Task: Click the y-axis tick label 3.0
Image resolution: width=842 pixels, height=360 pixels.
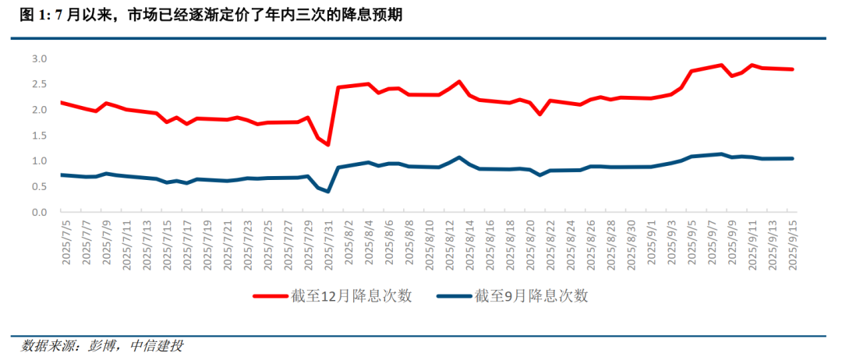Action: pyautogui.click(x=39, y=59)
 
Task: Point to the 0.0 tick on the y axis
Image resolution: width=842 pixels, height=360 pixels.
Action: pyautogui.click(x=39, y=212)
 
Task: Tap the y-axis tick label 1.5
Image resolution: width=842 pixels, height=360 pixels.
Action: pyautogui.click(x=39, y=136)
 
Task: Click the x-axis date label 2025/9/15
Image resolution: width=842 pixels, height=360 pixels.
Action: pyautogui.click(x=792, y=242)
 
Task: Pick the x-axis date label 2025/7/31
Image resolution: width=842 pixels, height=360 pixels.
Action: pyautogui.click(x=328, y=242)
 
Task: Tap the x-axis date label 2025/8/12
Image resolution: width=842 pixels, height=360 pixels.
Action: pyautogui.click(x=449, y=242)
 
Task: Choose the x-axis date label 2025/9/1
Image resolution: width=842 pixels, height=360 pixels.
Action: pyautogui.click(x=651, y=244)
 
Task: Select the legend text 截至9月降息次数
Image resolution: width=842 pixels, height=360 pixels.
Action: pyautogui.click(x=531, y=296)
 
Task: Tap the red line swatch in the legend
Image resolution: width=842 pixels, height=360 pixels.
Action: pyautogui.click(x=279, y=296)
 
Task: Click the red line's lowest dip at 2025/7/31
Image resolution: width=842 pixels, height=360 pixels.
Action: pyautogui.click(x=328, y=145)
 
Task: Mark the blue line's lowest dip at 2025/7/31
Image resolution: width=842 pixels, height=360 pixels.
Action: pyautogui.click(x=328, y=192)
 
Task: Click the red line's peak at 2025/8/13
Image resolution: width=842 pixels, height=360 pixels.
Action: pyautogui.click(x=459, y=81)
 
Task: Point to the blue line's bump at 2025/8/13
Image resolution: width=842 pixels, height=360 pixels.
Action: pyautogui.click(x=459, y=157)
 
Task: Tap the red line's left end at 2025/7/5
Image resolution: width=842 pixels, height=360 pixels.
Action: pyautogui.click(x=62, y=102)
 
